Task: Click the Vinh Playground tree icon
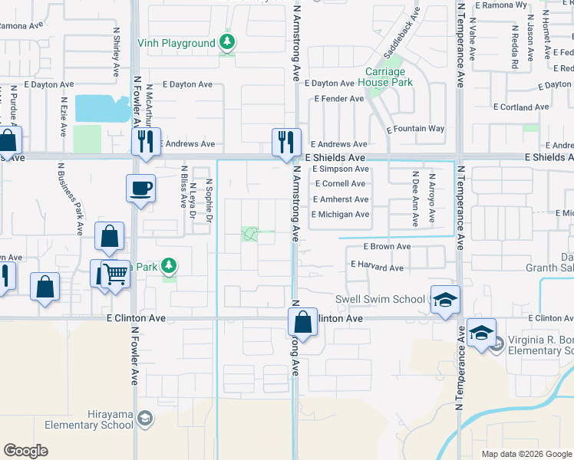click(x=226, y=43)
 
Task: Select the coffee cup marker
click(x=141, y=188)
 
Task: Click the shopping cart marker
click(x=115, y=273)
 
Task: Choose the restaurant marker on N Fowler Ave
click(x=145, y=141)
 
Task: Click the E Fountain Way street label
click(x=416, y=129)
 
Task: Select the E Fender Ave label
click(x=339, y=99)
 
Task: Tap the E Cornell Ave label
click(x=340, y=184)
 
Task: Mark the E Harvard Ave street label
click(x=377, y=268)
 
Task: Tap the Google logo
click(x=25, y=451)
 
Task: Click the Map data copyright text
click(x=526, y=454)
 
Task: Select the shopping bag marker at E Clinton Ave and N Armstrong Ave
click(x=303, y=321)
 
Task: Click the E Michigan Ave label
click(x=340, y=214)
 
